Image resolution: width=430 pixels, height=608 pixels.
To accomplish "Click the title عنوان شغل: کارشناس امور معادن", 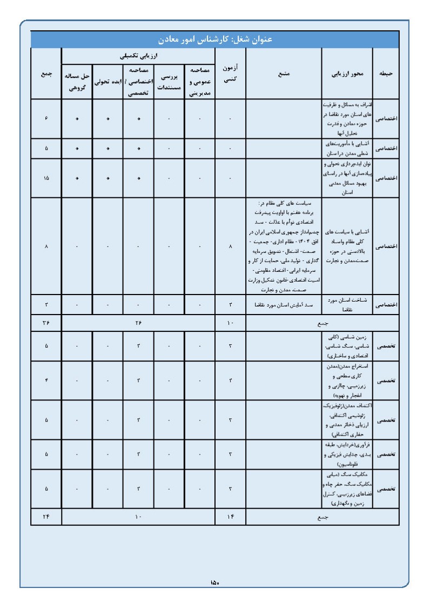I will (x=214, y=39).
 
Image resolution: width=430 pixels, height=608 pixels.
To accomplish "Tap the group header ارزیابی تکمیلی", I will (x=138, y=55).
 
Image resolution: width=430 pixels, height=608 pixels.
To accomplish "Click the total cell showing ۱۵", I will (x=46, y=178).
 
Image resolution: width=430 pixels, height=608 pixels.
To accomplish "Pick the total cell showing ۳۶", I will (x=46, y=323).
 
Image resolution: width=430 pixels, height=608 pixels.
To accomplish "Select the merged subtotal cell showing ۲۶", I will (x=138, y=323).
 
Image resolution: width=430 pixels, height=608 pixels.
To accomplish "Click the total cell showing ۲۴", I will (x=46, y=517).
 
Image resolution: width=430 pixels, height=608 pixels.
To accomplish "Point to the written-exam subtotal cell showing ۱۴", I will (x=231, y=517).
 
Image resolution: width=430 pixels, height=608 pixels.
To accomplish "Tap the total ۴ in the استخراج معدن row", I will (x=46, y=380).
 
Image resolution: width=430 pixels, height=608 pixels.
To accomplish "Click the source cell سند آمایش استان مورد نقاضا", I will (x=284, y=305).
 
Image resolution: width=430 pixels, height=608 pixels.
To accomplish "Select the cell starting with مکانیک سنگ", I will (x=347, y=489).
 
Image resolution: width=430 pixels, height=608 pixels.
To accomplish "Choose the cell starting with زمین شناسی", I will (x=347, y=346).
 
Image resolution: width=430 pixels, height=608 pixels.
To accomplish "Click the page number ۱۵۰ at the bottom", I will (x=214, y=582).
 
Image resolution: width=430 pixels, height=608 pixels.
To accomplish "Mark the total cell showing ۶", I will (x=46, y=119).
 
